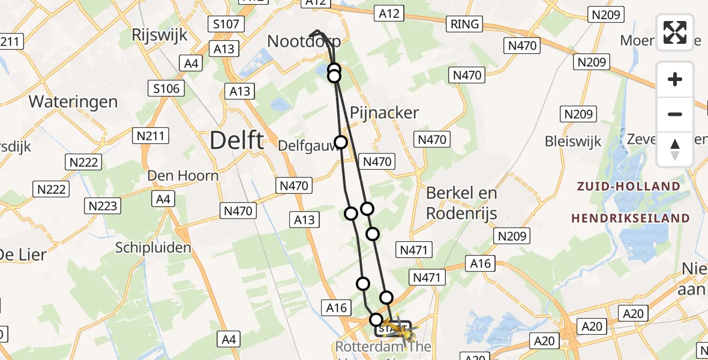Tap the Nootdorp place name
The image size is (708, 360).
pyautogui.click(x=304, y=41)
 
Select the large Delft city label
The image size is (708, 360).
pyautogui.click(x=236, y=141)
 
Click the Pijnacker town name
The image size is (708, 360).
pyautogui.click(x=384, y=113)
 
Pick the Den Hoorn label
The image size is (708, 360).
pyautogui.click(x=183, y=176)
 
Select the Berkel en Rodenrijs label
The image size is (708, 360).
pyautogui.click(x=461, y=202)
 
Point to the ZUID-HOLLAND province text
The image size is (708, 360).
pyautogui.click(x=629, y=186)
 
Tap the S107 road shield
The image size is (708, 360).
pyautogui.click(x=226, y=25)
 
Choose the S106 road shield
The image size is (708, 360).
pyautogui.click(x=166, y=89)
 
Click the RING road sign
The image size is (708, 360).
pyautogui.click(x=465, y=24)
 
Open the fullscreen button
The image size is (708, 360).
pyautogui.click(x=675, y=32)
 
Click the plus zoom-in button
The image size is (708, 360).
pyautogui.click(x=675, y=79)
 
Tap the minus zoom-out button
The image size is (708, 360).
pyautogui.click(x=675, y=114)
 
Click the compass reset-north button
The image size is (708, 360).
pyautogui.click(x=675, y=149)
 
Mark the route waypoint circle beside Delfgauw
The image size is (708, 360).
pyautogui.click(x=341, y=142)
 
